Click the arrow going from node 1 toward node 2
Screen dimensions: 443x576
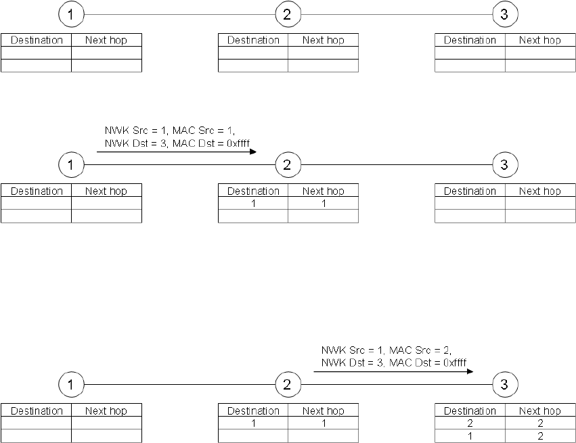click(x=176, y=152)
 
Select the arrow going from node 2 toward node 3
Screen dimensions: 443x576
click(x=393, y=371)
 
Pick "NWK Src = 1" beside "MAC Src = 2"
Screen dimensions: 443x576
click(x=352, y=350)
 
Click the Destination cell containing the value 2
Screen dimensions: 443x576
click(x=470, y=423)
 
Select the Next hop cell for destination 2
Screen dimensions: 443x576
click(x=540, y=423)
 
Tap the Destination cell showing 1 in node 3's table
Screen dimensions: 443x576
click(x=470, y=436)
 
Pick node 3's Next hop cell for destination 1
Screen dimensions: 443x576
click(x=540, y=436)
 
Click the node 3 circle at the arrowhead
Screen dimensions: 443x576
click(x=504, y=385)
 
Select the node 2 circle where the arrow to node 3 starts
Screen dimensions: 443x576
click(x=288, y=385)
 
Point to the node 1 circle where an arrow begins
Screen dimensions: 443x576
click(x=71, y=164)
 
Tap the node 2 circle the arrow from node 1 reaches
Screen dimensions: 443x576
click(x=288, y=164)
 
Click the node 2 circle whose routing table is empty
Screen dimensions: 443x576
click(x=288, y=14)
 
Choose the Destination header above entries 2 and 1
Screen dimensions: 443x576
click(x=470, y=411)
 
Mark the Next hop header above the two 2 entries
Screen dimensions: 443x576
click(x=540, y=411)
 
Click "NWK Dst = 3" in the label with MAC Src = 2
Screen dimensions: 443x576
click(x=348, y=363)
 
